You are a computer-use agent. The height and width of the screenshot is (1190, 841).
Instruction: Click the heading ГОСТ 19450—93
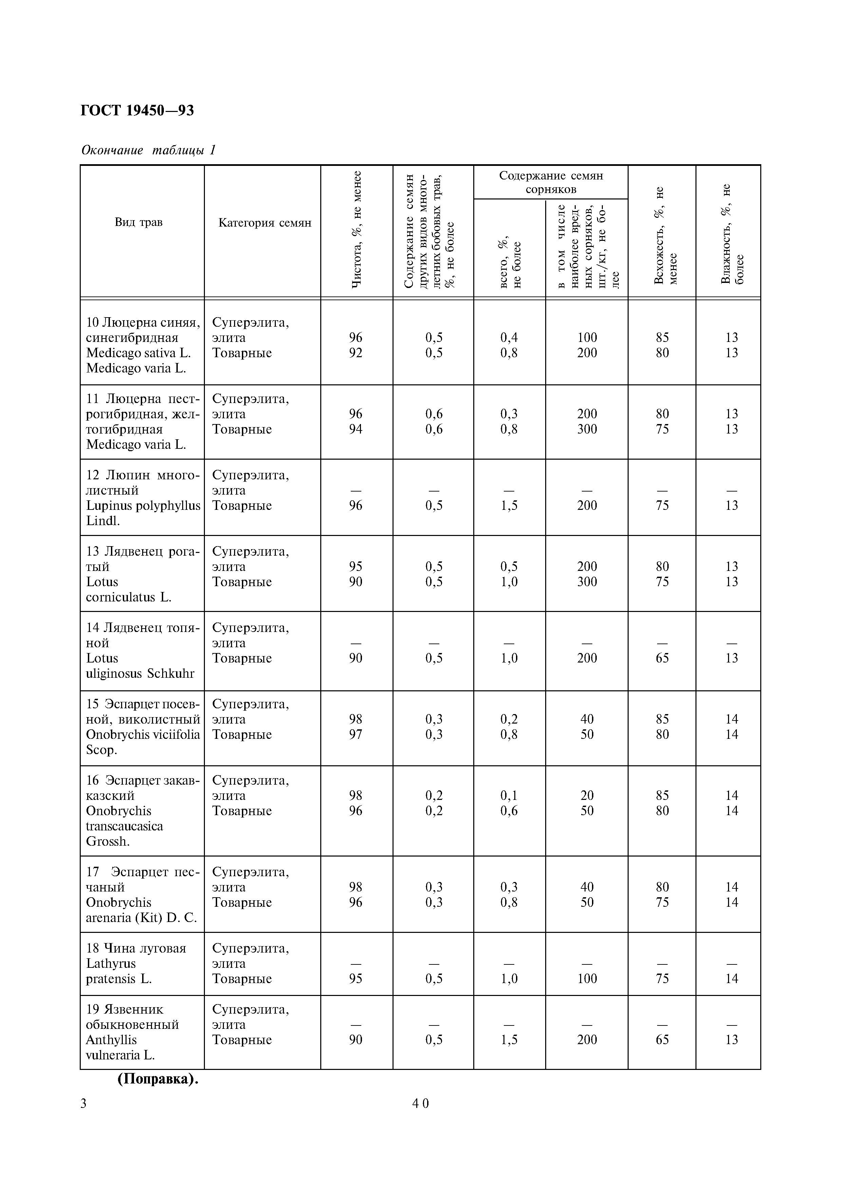[137, 110]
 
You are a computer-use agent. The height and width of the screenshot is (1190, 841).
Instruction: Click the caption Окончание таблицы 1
[148, 150]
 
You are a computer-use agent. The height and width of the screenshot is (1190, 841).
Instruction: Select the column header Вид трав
[138, 222]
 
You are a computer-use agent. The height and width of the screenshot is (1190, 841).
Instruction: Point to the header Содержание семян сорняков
[551, 182]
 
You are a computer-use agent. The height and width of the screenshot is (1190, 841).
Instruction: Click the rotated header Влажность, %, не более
[732, 233]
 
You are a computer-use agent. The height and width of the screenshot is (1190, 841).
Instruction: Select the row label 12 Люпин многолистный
[142, 482]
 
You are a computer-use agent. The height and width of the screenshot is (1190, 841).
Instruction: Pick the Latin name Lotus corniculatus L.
[129, 590]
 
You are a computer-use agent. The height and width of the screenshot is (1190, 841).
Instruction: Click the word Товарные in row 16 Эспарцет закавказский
[242, 811]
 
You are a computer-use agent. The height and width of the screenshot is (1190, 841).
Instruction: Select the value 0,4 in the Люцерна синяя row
[509, 338]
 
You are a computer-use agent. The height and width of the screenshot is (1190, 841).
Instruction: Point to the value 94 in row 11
[356, 429]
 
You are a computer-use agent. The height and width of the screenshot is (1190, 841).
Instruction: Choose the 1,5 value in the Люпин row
[509, 505]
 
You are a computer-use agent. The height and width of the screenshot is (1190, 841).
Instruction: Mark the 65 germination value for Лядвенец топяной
[662, 658]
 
